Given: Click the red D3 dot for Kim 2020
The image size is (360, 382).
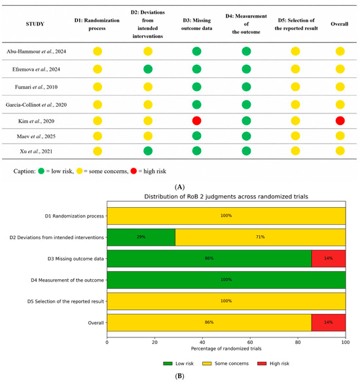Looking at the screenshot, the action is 196,121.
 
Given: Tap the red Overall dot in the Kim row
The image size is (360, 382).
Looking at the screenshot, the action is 340,121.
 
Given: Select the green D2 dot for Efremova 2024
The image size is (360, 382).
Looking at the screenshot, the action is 148,69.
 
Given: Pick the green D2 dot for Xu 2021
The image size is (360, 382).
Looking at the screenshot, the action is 148,151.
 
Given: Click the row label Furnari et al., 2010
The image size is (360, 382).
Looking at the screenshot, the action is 36,87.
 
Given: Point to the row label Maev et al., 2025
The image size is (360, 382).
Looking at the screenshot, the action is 36,136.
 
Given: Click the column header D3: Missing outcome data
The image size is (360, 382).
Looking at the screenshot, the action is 196,24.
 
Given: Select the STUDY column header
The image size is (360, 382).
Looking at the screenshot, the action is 35,24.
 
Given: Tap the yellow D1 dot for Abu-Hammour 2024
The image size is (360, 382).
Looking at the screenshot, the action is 98,51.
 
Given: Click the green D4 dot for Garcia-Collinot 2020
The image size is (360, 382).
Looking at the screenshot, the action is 246,105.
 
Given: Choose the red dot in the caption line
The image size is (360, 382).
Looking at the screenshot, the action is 134,171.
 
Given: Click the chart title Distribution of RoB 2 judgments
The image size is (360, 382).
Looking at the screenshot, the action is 226,197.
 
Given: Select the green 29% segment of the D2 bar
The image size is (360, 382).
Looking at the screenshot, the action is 141,237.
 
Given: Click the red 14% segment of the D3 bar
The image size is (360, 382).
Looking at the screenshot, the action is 329,258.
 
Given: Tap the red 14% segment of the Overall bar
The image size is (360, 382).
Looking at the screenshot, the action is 329,322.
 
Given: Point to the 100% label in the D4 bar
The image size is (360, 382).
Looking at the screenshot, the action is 226,280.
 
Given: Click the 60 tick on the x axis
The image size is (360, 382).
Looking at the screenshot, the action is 250,342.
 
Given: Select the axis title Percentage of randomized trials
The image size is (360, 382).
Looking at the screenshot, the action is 226,349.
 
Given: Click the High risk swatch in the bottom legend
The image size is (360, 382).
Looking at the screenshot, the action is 262,364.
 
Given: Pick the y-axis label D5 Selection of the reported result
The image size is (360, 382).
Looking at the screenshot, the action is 65,301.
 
